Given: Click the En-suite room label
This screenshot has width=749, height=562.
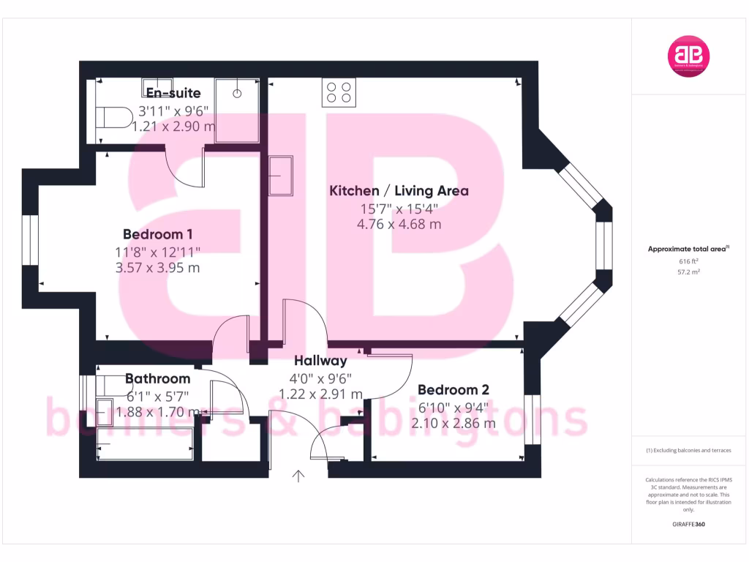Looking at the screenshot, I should (x=173, y=93).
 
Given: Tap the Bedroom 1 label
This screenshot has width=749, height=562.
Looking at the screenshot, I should (x=157, y=234).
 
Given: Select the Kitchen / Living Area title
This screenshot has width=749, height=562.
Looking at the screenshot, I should (x=399, y=191).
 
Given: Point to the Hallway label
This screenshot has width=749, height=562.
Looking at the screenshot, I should (x=320, y=361).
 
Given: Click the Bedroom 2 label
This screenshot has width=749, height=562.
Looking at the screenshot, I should (x=453, y=390).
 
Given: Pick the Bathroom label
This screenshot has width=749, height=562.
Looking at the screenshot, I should (x=157, y=378).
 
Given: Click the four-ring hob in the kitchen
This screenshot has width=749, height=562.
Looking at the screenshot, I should (x=339, y=91).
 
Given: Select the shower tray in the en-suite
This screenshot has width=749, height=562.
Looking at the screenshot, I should (x=237, y=110).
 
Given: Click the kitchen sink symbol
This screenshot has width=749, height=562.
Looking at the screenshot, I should (x=280, y=176).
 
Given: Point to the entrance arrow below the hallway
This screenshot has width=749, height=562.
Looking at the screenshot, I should (x=298, y=476).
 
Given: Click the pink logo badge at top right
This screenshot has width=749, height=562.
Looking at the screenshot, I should (x=689, y=56).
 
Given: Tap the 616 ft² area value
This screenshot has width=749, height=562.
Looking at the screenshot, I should (x=689, y=261).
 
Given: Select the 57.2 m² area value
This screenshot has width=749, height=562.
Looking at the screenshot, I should (x=689, y=271).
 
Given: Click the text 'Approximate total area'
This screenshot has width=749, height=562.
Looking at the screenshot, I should (x=688, y=250).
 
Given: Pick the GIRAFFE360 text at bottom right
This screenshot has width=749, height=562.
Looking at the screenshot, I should (x=688, y=524).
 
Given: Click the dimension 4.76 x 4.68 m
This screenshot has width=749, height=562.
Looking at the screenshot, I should (x=399, y=225).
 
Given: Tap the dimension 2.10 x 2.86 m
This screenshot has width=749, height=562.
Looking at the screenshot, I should (x=453, y=423).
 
